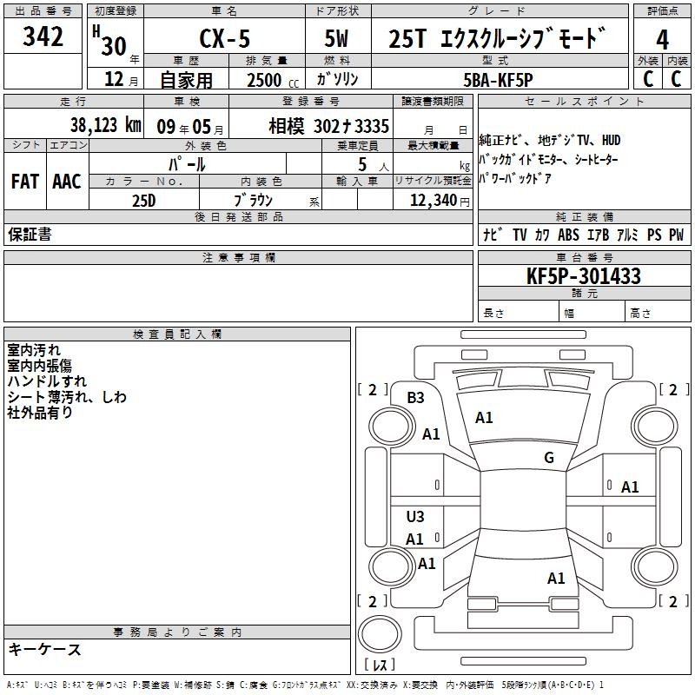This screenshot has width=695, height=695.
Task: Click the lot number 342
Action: click(43, 36)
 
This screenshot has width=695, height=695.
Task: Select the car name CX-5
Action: click(225, 38)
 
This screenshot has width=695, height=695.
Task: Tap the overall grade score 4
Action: click(662, 40)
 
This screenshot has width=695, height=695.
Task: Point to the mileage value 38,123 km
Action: click(106, 125)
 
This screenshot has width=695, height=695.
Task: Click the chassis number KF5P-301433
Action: click(584, 276)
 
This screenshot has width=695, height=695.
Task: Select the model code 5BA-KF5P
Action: click(498, 80)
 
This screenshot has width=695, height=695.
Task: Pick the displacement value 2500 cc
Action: click(273, 80)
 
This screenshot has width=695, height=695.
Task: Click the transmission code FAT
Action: click(25, 182)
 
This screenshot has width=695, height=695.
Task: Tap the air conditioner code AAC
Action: click(67, 182)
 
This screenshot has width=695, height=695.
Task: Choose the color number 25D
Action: click(144, 201)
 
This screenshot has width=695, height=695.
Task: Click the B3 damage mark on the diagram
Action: click(415, 398)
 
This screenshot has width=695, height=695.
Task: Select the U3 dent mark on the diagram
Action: click(415, 516)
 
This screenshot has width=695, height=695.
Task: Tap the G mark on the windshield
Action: click(549, 458)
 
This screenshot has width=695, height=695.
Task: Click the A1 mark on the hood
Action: click(484, 418)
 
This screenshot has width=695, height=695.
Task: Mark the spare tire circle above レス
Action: click(380, 634)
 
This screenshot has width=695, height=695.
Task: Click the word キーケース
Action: click(45, 649)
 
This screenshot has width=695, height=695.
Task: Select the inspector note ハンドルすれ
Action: click(47, 381)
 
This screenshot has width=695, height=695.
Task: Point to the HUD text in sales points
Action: click(611, 141)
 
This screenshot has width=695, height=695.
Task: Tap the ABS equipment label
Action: click(568, 235)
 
